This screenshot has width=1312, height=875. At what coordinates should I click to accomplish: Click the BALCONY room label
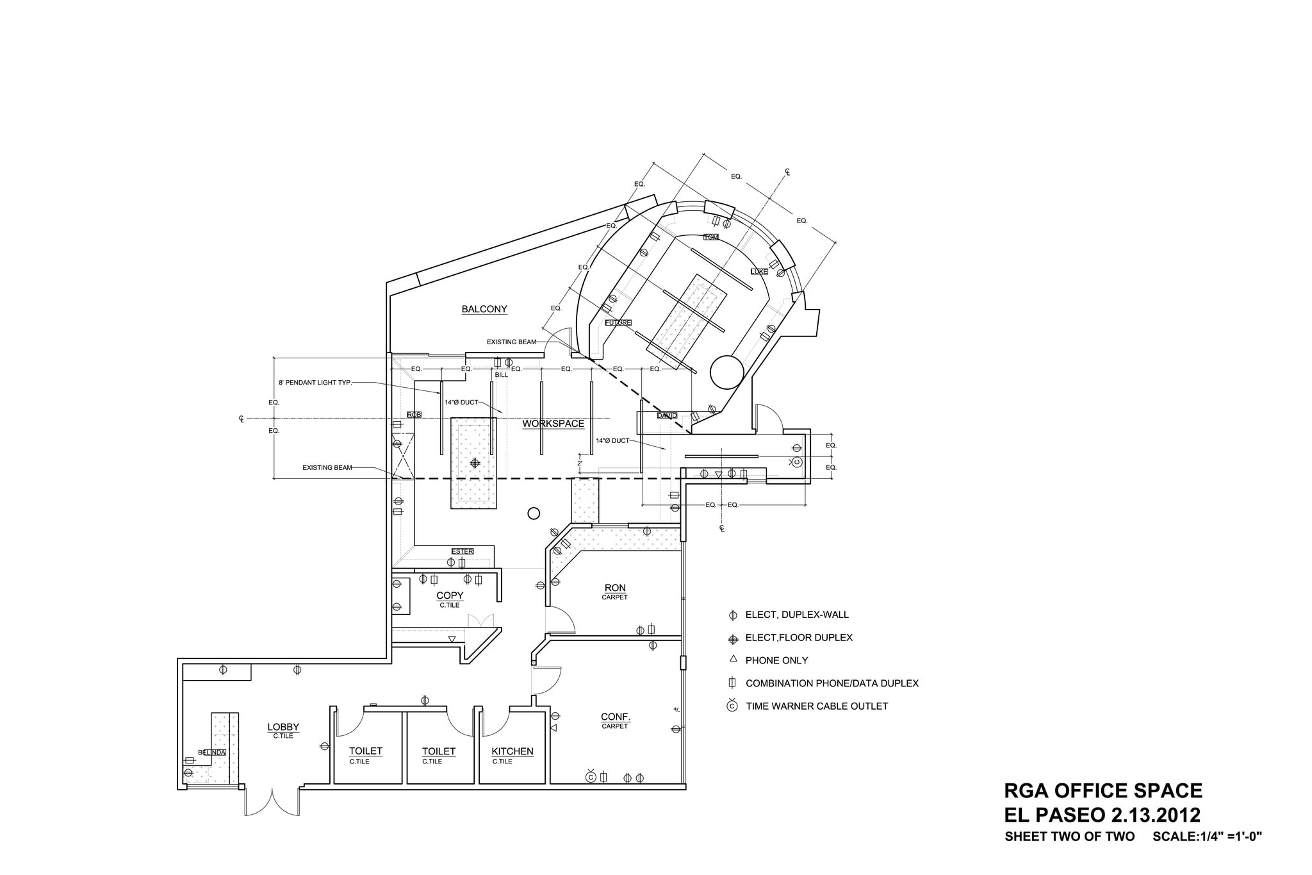484,310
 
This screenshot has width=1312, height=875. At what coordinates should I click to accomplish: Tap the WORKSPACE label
553,424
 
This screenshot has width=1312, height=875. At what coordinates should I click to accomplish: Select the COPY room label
450,596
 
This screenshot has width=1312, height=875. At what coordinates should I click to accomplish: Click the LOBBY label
283,727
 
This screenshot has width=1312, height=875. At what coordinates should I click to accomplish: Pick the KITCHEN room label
512,751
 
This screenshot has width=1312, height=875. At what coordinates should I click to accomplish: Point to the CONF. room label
615,717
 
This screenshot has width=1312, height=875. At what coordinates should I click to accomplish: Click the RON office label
615,588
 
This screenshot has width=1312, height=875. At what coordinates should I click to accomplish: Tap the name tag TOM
711,237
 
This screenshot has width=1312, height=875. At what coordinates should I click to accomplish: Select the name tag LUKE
759,272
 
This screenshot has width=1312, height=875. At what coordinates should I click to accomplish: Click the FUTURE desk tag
618,322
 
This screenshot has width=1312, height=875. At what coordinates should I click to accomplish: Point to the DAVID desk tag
666,415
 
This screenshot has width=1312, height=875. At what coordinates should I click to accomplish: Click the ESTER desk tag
462,551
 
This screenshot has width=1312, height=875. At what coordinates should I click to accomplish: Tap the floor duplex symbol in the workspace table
475,463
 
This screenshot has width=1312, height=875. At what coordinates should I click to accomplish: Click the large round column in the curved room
727,372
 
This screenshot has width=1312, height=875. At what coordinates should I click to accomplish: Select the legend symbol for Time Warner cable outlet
732,706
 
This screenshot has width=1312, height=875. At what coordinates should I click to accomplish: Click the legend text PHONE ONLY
776,660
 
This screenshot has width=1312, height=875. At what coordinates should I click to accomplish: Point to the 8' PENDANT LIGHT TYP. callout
315,383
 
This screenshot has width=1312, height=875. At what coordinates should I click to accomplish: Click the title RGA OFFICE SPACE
1103,790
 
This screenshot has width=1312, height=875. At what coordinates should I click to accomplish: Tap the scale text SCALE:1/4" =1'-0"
1207,837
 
